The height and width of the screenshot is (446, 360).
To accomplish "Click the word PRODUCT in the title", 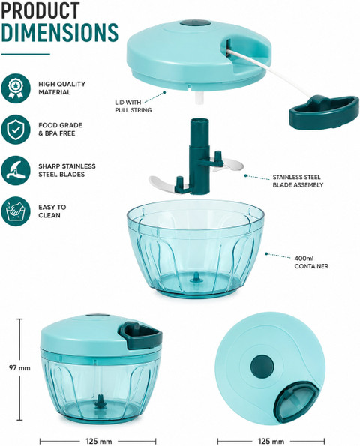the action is coord(40,10).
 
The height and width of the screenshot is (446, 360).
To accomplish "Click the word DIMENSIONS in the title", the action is coord(60,32).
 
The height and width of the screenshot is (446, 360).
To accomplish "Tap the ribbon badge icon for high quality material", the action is coord(16,88).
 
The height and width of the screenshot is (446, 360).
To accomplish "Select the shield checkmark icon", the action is coord(16,130).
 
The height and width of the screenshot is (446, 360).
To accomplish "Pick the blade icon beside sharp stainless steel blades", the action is coord(16,170).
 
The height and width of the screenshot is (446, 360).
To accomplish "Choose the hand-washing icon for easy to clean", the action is coord(16,211).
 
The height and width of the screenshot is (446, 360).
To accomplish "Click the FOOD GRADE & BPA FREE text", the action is coord(60,129).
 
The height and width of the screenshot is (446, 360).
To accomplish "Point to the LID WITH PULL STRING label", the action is coord(133,106).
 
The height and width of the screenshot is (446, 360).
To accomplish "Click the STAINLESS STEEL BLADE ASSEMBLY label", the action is coord(298,181).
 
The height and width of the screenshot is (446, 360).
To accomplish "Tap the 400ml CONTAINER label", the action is coord(311,262).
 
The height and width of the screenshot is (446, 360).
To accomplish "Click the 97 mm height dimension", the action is coord(19,368).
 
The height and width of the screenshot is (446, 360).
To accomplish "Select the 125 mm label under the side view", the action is coord(98,441).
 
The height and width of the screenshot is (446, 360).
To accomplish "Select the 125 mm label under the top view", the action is coord(271,441).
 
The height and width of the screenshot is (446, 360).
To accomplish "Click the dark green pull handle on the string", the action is coord(324,112).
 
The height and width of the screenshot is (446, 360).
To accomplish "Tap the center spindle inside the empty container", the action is coord(196,277).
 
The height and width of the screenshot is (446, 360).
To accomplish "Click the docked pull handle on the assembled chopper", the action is coord(141,336).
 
